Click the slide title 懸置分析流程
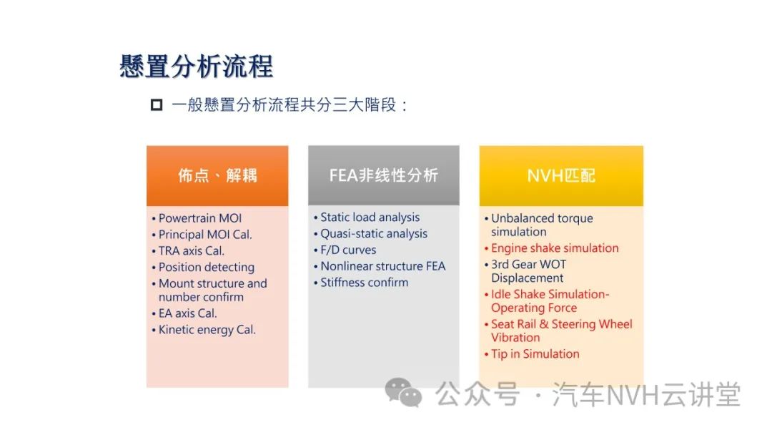(x=196, y=66)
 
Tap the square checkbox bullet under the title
(x=157, y=105)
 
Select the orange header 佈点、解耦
(x=217, y=175)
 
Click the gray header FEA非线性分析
(x=384, y=175)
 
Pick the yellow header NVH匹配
(x=561, y=175)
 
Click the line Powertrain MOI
(x=200, y=218)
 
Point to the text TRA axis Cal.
(x=191, y=250)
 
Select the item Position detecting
(x=207, y=267)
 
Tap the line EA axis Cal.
(x=187, y=313)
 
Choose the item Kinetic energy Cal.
(x=207, y=330)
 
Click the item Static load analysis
(x=370, y=217)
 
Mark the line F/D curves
(x=348, y=250)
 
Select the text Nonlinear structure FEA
(x=382, y=266)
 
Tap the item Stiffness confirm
(x=365, y=283)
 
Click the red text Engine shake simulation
(x=555, y=248)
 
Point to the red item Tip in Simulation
(x=535, y=353)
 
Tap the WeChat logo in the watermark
(x=403, y=392)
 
